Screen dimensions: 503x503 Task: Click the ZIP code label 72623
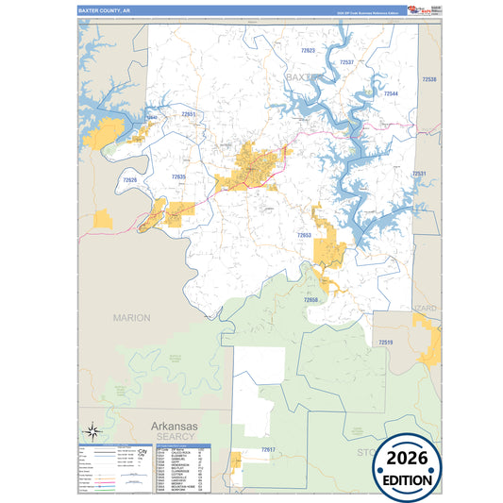[309, 49]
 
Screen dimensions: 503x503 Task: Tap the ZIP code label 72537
[346, 62]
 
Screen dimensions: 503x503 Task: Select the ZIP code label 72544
[390, 94]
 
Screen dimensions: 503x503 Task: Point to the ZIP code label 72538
[429, 80]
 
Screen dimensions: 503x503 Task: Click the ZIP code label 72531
[418, 174]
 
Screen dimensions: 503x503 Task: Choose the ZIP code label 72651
[189, 114]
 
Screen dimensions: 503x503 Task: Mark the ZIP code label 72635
[179, 176]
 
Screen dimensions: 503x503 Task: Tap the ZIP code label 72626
[129, 180]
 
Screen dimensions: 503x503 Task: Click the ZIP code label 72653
[304, 235]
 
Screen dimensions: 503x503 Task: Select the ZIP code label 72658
[311, 299]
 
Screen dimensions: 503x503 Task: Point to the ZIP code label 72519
[385, 343]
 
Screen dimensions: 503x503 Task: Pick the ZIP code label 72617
[269, 450]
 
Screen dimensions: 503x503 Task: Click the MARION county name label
[131, 318]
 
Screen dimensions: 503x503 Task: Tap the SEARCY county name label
[176, 437]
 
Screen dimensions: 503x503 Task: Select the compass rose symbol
[92, 430]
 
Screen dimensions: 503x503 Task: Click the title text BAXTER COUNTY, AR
[105, 10]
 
